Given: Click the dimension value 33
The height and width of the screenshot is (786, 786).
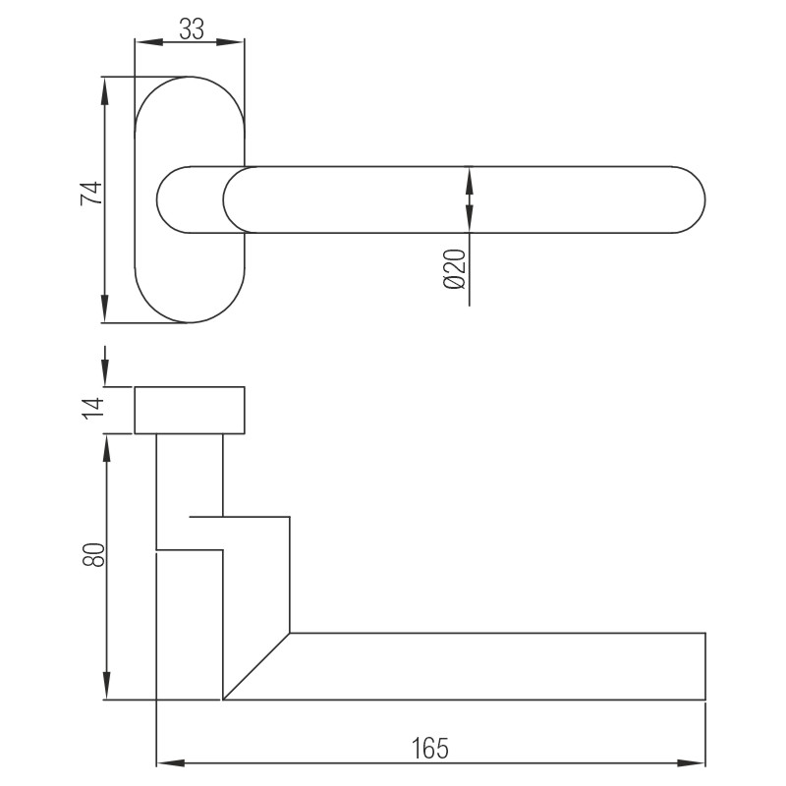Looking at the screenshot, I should click(192, 29).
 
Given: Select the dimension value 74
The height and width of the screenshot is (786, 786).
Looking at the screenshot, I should click(90, 194).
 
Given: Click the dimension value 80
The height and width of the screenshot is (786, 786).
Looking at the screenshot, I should click(93, 555).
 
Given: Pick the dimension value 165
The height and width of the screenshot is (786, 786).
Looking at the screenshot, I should click(430, 748).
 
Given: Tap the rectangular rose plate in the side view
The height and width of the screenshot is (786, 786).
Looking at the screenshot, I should click(190, 410).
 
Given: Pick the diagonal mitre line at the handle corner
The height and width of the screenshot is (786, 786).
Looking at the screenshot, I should click(257, 666).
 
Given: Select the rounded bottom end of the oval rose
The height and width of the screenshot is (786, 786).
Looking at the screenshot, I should click(189, 317).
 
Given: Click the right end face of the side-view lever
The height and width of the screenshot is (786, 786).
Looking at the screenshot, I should click(705, 666).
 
